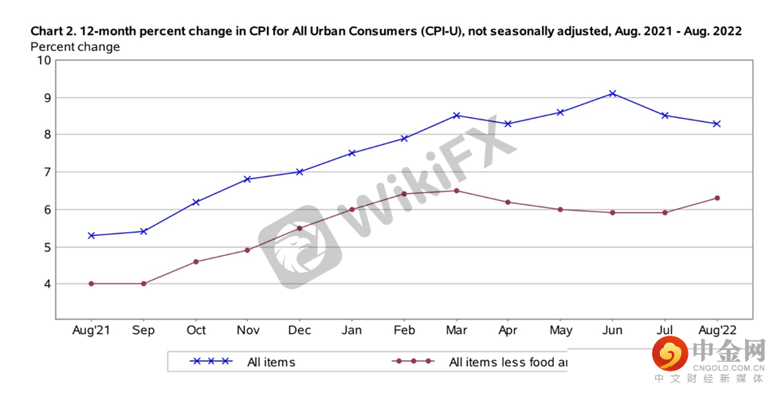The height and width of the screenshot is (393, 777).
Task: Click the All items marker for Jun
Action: click(612, 93)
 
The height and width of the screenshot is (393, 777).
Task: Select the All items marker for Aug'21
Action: click(92, 235)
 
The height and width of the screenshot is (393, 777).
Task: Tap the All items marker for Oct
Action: click(195, 202)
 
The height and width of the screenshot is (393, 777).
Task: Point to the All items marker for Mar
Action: click(457, 116)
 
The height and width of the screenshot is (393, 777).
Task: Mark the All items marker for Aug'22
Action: click(716, 124)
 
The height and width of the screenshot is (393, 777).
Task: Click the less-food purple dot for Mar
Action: click(457, 191)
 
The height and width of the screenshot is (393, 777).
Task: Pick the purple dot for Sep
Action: click(143, 283)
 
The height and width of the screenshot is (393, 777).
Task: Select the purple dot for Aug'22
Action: click(716, 198)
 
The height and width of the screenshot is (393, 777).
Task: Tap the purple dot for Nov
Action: click(247, 250)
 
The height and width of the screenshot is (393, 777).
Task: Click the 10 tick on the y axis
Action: click(44, 61)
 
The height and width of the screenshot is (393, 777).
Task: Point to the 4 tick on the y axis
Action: click(47, 284)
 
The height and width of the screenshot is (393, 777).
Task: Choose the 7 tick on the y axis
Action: click(47, 172)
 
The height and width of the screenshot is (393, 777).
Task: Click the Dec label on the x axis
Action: click(300, 330)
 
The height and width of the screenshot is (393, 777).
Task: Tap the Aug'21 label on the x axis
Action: click(92, 330)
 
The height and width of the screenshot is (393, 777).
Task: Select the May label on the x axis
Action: click(560, 330)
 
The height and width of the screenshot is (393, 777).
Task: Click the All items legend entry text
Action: click(271, 362)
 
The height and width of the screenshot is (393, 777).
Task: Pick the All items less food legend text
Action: click(508, 362)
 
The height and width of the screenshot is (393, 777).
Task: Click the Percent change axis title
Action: click(75, 47)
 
